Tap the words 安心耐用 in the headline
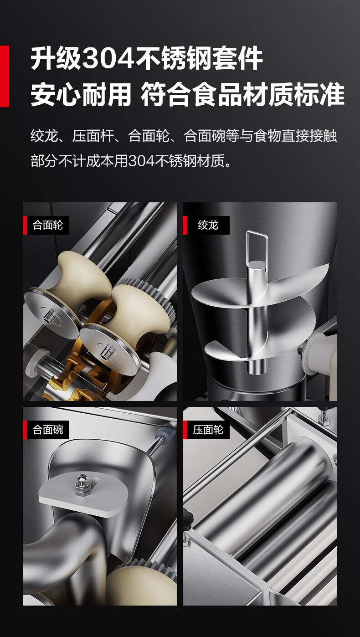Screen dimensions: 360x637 (x=81, y=94)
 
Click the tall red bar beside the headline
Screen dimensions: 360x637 (x=4, y=76)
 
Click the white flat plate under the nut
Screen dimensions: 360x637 (x=83, y=496)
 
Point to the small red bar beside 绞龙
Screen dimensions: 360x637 (x=185, y=225)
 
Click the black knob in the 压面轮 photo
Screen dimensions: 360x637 (x=188, y=514)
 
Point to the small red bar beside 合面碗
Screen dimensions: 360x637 (x=25, y=430)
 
